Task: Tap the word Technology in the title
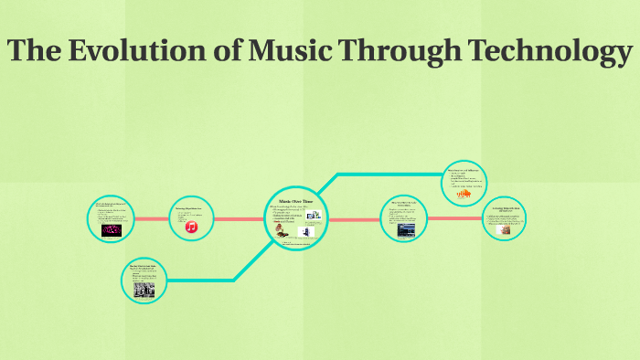(x=539, y=52)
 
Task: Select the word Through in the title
(x=398, y=52)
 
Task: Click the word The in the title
(x=37, y=52)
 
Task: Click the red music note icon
(x=192, y=227)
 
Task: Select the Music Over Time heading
(x=295, y=200)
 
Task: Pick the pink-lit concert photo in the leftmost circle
(x=112, y=231)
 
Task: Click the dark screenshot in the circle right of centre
(x=402, y=231)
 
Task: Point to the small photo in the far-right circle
(x=504, y=231)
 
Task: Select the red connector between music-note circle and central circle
(x=240, y=219)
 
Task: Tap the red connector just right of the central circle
(x=352, y=219)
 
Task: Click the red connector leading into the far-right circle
(x=455, y=218)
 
